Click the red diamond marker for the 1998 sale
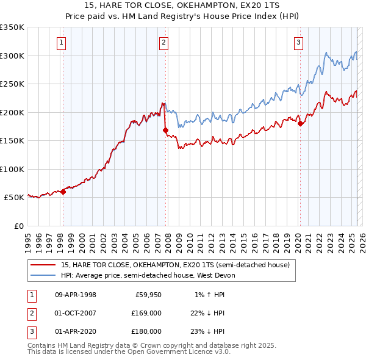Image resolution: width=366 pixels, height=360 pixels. [63, 192]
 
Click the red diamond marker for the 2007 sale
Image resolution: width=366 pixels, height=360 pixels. [165, 130]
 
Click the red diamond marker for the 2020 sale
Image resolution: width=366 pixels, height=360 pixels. [300, 123]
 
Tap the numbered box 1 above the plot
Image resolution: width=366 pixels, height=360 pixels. [63, 42]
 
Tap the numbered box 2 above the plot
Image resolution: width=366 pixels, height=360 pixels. [165, 42]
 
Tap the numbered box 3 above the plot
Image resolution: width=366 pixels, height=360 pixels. [299, 42]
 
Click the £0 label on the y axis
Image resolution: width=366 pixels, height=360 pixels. [18, 226]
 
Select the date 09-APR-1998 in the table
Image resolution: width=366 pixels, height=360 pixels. [76, 295]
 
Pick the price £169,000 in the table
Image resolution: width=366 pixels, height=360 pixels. [146, 313]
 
